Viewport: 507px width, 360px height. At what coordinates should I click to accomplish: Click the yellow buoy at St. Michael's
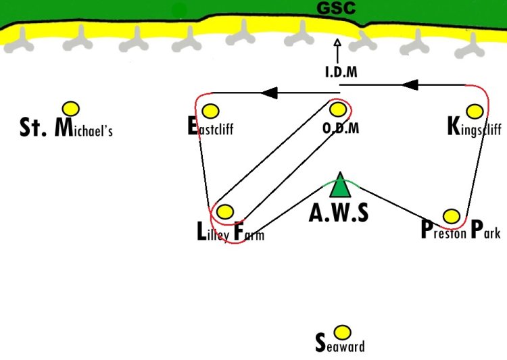[71, 109]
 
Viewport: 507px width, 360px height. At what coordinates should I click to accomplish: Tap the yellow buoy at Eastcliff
[210, 111]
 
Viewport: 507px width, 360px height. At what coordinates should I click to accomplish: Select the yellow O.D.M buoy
[338, 109]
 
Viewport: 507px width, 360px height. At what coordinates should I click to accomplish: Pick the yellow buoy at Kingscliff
[475, 111]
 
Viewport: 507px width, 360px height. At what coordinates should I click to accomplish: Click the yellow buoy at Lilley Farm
[225, 211]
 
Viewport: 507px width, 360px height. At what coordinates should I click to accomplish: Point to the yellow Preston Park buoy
[452, 216]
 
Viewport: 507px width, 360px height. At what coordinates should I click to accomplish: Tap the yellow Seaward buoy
[342, 332]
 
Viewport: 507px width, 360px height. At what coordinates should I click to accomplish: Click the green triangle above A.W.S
[340, 186]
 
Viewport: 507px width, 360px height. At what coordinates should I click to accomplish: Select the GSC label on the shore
[336, 8]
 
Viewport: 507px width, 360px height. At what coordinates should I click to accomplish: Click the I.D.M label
[341, 72]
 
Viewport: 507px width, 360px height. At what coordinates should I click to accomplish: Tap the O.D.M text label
[341, 128]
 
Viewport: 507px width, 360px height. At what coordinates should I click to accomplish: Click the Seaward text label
[340, 343]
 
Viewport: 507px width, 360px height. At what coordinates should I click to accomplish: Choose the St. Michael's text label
[66, 128]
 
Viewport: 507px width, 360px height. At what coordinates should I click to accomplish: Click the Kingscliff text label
[475, 127]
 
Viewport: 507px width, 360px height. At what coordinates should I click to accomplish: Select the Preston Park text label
[461, 229]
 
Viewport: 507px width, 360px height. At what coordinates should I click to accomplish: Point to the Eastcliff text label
[210, 126]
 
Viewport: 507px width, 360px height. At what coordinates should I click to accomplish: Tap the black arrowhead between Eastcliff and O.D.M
[269, 93]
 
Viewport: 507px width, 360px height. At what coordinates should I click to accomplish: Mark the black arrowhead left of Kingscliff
[410, 85]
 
